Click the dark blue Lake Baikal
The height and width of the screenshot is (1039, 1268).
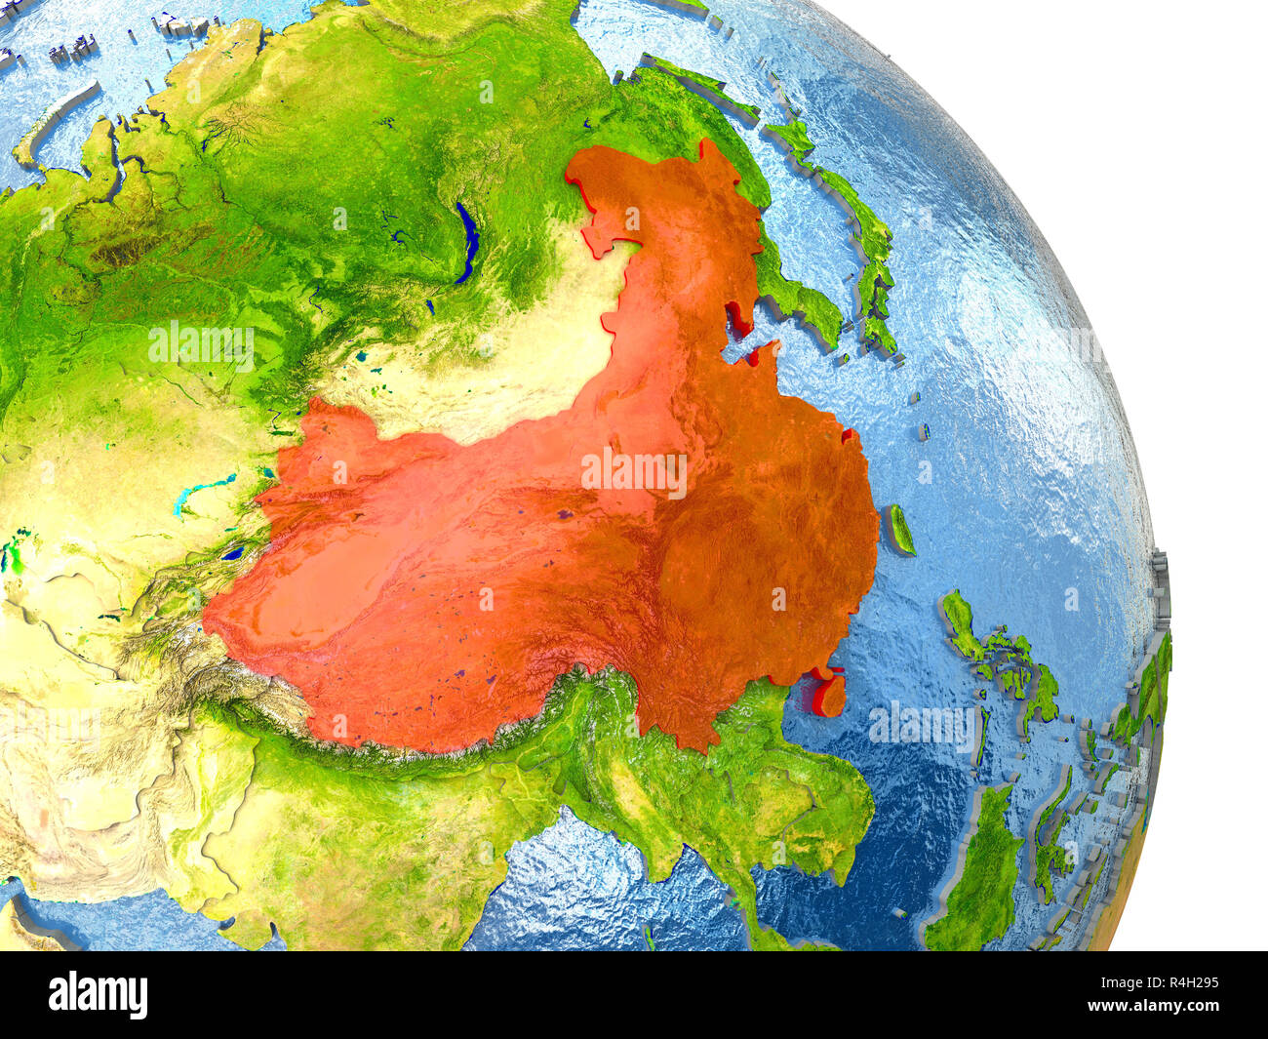tap(469, 241)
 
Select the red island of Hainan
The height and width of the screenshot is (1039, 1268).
tap(829, 695)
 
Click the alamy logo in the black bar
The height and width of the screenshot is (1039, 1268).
tap(98, 994)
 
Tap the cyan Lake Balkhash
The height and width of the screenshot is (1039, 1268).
tap(202, 494)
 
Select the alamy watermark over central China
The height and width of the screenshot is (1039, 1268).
tap(634, 472)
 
